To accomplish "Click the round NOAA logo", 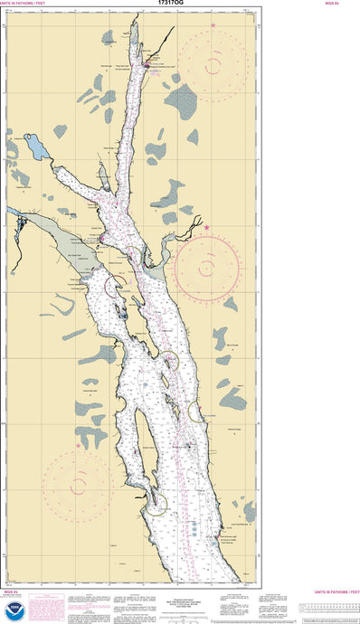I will (12, 610).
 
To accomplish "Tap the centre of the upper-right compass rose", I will (212, 63).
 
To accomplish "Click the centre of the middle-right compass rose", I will (207, 267).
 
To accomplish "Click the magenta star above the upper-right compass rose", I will (213, 24).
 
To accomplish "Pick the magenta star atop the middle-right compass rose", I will (207, 227).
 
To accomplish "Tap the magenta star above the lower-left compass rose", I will (78, 445).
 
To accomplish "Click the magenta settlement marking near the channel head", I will (147, 64).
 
